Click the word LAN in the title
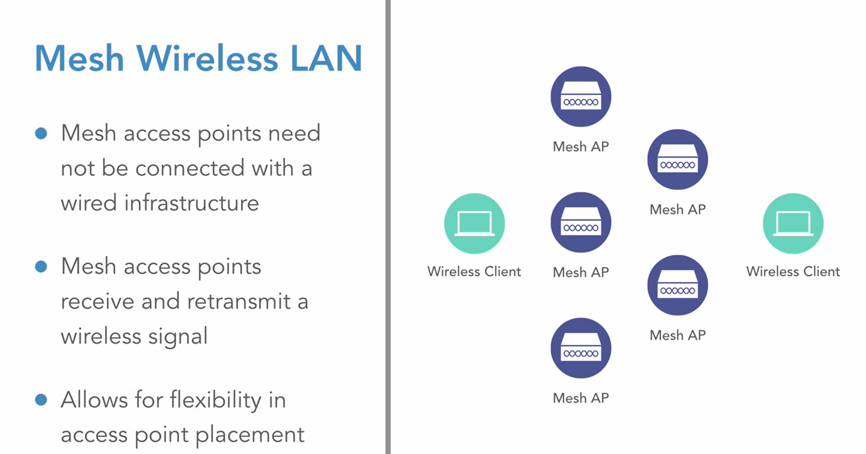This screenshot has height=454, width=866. click(x=326, y=59)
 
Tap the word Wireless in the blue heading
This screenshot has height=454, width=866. click(x=207, y=59)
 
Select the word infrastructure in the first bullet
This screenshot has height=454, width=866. click(x=191, y=203)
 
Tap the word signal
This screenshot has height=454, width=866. click(x=178, y=336)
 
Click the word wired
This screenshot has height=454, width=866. click(x=88, y=203)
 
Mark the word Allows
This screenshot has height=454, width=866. click(x=94, y=400)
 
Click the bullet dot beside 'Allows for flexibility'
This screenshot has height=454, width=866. click(x=41, y=400)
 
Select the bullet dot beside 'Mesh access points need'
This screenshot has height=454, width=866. click(x=41, y=134)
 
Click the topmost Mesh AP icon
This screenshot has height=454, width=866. click(x=581, y=96)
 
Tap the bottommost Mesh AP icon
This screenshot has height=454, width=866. click(x=581, y=348)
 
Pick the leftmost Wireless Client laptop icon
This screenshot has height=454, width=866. click(x=474, y=224)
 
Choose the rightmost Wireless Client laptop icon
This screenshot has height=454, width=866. click(x=793, y=224)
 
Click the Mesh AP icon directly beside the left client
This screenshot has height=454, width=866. click(x=581, y=222)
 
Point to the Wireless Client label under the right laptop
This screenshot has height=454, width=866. click(x=793, y=271)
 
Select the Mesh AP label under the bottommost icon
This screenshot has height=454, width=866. click(x=581, y=398)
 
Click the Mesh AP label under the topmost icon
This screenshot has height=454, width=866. click(x=581, y=147)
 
